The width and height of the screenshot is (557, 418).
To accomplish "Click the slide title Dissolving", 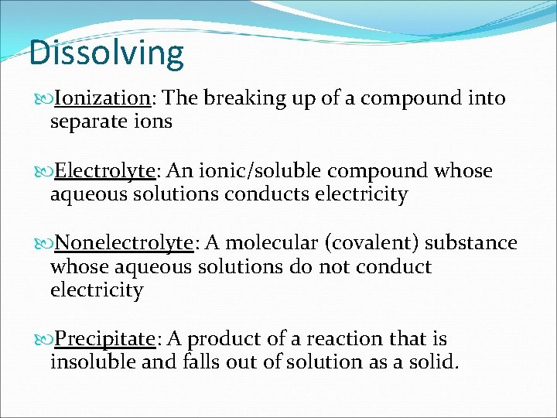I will click(107, 53).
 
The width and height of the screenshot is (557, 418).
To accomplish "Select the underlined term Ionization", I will click(103, 98).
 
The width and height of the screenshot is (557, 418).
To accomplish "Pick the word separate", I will click(87, 122).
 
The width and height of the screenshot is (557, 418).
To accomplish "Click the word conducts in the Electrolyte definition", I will click(266, 194).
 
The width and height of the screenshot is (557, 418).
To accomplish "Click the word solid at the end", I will click(436, 362).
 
